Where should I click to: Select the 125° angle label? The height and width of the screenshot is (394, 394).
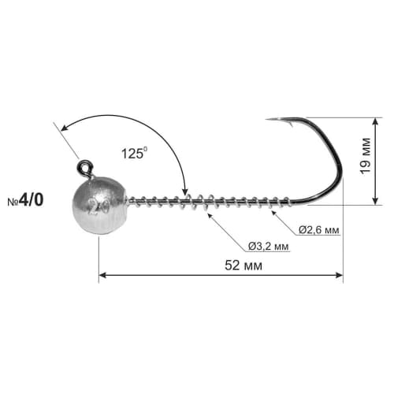point(134,154)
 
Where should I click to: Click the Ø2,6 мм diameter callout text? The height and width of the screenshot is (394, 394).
point(320,230)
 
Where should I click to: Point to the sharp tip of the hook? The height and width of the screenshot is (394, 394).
point(267,120)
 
